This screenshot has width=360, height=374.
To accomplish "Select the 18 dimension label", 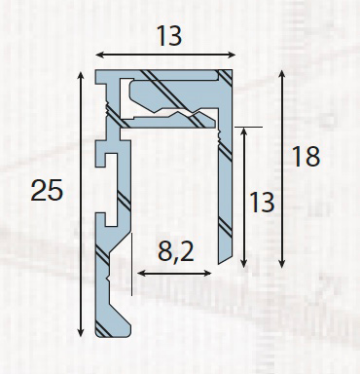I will (x=306, y=155).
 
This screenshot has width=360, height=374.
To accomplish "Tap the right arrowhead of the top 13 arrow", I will (x=230, y=55).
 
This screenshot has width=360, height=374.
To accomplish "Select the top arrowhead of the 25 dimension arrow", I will (x=79, y=74).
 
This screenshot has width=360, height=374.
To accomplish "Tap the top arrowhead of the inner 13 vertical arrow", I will (x=244, y=129).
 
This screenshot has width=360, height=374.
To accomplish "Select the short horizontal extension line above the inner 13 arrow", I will (x=248, y=126).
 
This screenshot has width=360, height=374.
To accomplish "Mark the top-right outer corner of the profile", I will (x=232, y=71).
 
